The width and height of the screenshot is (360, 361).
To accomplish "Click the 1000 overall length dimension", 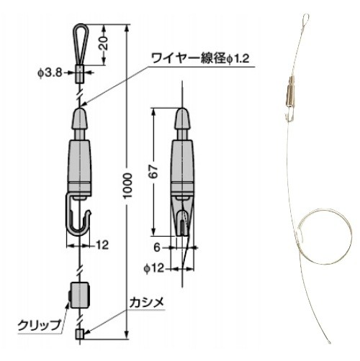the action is click(x=128, y=185).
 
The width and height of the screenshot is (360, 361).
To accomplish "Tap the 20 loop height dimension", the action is click(x=104, y=43).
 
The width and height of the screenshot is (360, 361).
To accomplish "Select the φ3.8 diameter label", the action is click(x=50, y=72).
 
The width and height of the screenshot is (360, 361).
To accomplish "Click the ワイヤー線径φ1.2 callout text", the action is click(x=200, y=58).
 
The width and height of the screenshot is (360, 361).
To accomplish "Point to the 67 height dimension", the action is click(x=154, y=172).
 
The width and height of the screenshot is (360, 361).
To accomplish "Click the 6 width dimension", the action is click(x=157, y=247).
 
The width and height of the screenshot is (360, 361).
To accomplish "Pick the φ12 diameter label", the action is click(x=154, y=268).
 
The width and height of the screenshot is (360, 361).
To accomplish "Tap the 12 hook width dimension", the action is click(x=102, y=245).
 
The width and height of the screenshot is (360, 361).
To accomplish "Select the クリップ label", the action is click(x=40, y=325).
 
